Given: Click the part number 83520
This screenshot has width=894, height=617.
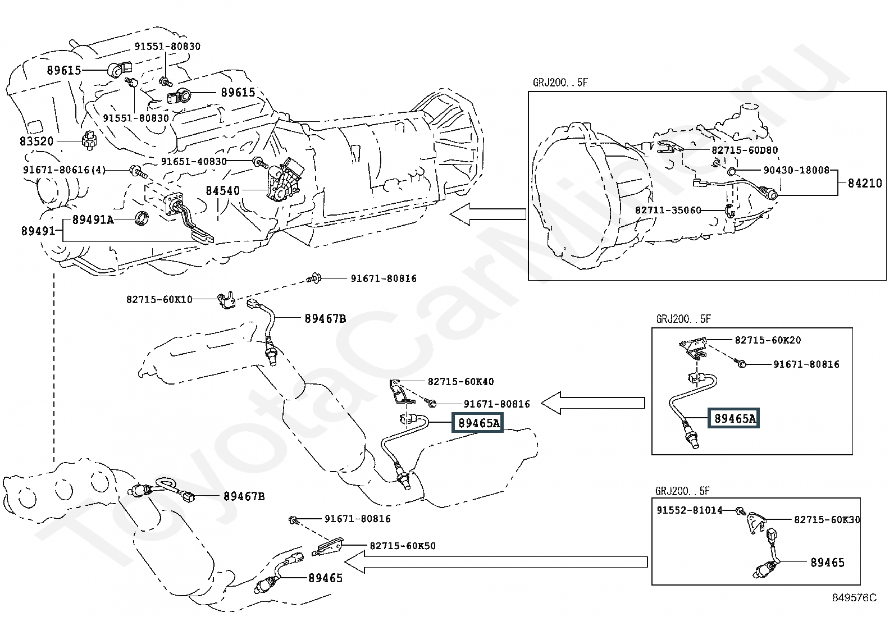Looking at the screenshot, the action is (37, 141).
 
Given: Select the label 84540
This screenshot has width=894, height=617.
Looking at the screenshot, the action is (223, 190).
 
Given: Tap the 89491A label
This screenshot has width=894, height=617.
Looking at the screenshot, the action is (93, 220).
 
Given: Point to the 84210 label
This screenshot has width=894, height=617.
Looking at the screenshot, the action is (865, 183).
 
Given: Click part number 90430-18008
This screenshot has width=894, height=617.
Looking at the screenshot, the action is (796, 170).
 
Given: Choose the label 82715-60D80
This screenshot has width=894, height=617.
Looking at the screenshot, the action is (745, 150).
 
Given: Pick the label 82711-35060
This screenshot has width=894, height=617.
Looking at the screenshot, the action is (668, 210).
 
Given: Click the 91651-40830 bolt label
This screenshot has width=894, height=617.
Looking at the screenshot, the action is (194, 161).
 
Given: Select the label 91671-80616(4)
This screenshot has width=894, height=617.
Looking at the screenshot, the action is (64, 170).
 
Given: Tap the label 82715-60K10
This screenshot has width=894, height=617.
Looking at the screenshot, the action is (159, 299).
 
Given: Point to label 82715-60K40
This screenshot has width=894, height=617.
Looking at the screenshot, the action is (460, 382).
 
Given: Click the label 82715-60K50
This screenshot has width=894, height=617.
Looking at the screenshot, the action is (403, 546).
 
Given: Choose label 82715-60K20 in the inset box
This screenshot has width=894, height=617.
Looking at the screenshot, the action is (768, 340).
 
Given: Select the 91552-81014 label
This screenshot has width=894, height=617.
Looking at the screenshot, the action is (690, 510).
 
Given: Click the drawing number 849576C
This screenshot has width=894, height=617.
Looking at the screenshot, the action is (854, 597).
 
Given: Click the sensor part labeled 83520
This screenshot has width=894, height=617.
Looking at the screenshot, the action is (89, 140).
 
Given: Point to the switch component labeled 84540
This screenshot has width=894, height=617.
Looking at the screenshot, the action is (285, 180).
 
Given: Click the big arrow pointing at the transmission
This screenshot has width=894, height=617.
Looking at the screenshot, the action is (487, 214).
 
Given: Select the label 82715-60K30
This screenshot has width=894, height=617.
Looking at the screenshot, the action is (827, 520).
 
